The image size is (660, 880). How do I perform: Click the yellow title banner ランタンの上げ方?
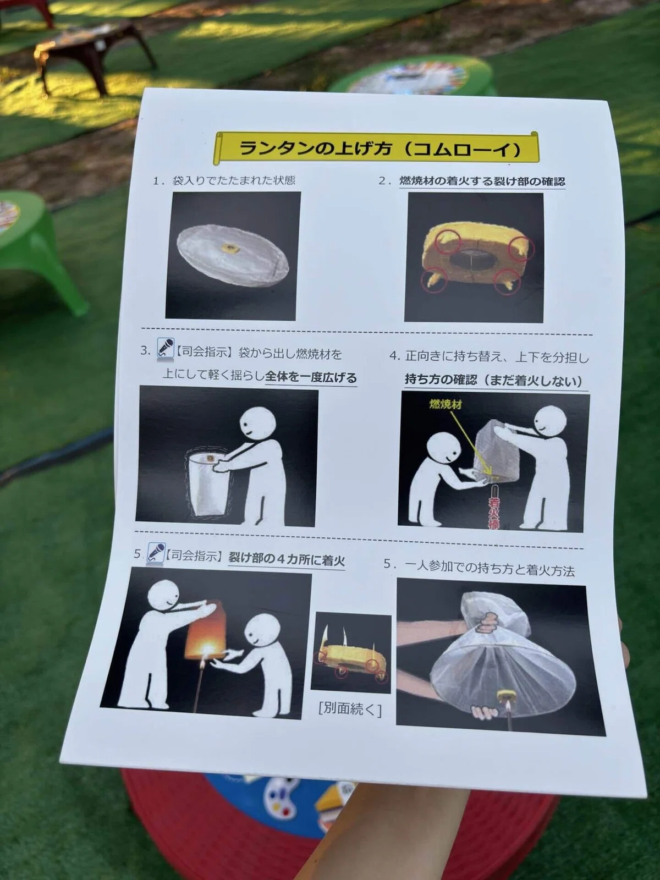tap(376, 148)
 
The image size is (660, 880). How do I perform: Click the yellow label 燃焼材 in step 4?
tap(445, 404)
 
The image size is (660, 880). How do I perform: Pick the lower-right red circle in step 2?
tap(507, 281)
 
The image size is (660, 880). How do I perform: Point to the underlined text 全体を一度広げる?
tap(311, 378)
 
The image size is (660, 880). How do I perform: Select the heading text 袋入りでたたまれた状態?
tap(234, 180)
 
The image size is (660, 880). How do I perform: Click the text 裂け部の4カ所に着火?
tap(287, 559)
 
